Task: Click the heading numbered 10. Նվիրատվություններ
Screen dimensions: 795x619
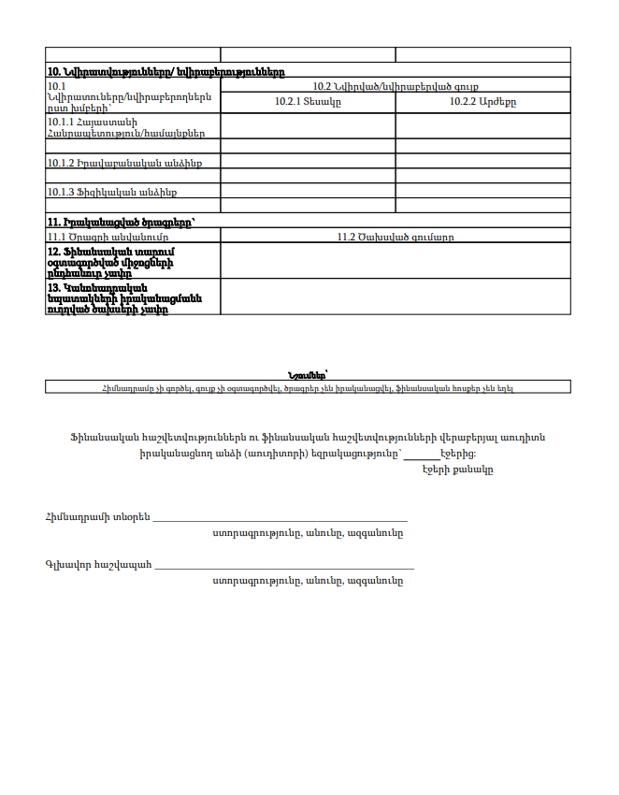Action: (166, 72)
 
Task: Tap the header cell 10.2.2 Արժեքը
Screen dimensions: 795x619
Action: (482, 101)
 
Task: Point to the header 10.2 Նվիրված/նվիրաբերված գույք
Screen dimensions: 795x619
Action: (395, 86)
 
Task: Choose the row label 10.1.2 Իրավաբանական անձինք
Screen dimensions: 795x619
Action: (125, 163)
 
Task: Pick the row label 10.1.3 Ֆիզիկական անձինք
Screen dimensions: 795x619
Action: (112, 192)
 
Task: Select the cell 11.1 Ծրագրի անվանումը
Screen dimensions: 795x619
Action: (108, 237)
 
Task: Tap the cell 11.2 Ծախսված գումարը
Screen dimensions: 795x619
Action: (395, 237)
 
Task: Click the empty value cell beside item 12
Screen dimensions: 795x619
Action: (395, 261)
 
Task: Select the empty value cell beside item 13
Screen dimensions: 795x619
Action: (395, 296)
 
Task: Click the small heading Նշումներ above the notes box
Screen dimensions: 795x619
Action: (309, 374)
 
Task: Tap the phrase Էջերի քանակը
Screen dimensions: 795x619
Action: (457, 469)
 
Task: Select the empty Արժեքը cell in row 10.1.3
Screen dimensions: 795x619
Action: (482, 192)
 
